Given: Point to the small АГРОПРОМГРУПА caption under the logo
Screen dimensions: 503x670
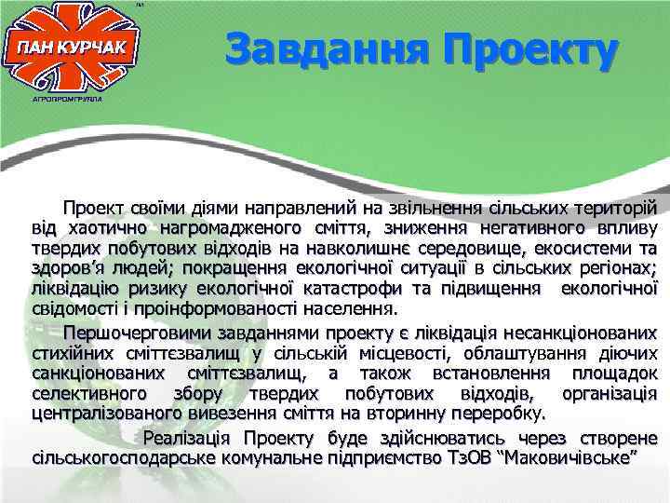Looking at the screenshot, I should pyautogui.click(x=66, y=95).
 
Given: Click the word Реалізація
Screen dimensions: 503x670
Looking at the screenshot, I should pyautogui.click(x=186, y=438).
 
